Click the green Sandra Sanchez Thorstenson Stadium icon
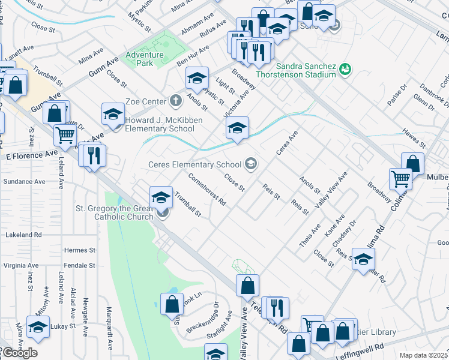345,68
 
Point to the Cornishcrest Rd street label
206,189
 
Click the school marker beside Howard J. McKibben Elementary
113,114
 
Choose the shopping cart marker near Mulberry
400,178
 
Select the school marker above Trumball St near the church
161,196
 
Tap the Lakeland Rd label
22,235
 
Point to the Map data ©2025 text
423,355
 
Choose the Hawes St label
414,142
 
